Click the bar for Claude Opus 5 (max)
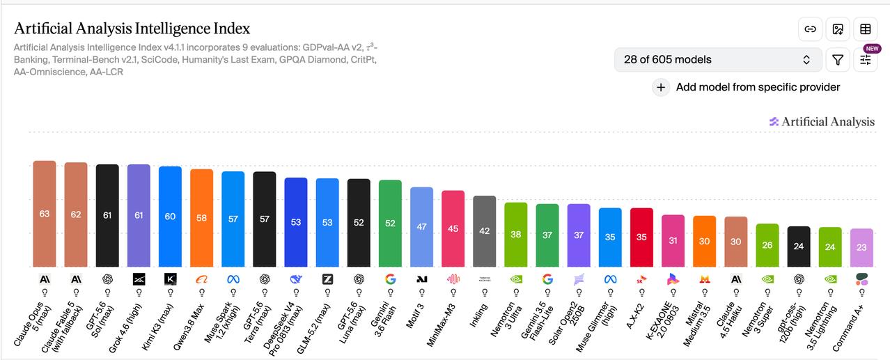pos(45,214)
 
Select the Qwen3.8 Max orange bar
pos(201,218)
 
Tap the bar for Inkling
pos(484,231)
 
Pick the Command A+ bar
pos(861,248)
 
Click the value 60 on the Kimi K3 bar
pos(170,216)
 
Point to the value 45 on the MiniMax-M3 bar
pos(453,228)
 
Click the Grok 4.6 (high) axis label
pos(125,328)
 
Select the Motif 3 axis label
pos(416,316)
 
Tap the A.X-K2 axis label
pos(635,316)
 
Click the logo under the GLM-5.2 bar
pos(327,279)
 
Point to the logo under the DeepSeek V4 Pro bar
pos(296,279)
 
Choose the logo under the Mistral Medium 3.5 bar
pos(705,279)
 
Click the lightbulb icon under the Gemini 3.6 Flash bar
pos(390,293)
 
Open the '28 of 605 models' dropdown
pos(718,60)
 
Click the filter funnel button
pos(838,60)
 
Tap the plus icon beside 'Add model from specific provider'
pos(661,87)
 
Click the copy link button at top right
pos(810,29)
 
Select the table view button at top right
pos(866,29)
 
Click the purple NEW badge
pos(872,49)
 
